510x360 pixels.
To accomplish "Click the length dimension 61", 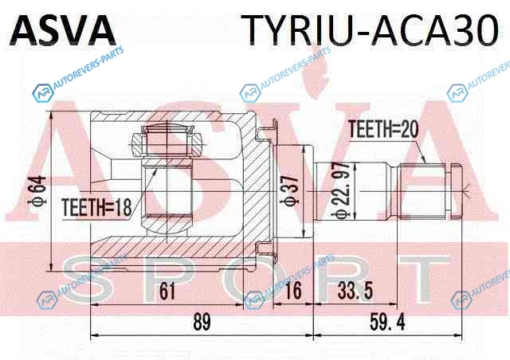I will pyautogui.click(x=167, y=292).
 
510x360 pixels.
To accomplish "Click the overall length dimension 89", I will pyautogui.click(x=202, y=323).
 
